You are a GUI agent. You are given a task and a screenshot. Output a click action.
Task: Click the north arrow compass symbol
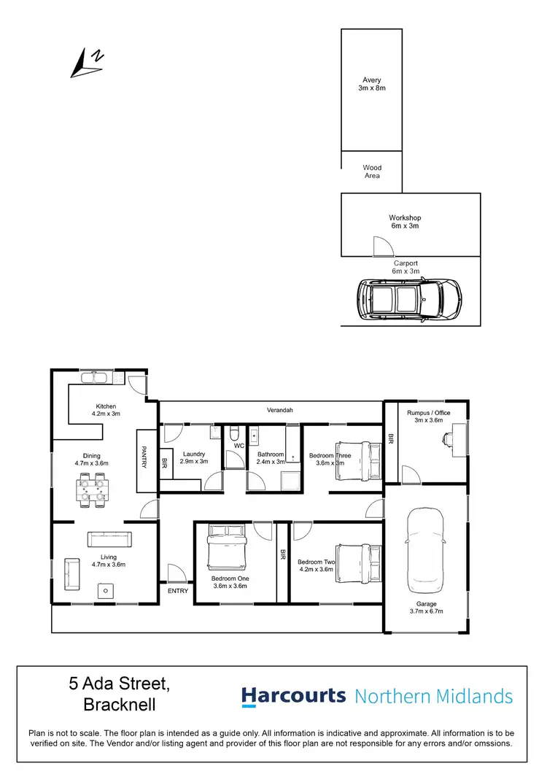click(x=87, y=63)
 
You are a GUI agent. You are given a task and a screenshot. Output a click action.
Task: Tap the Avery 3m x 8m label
click(x=372, y=84)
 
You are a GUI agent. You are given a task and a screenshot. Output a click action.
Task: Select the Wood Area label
click(x=372, y=171)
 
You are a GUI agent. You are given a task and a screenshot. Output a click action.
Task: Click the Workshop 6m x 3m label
click(x=405, y=222)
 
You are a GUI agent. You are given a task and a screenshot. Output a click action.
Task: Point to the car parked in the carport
click(x=408, y=298)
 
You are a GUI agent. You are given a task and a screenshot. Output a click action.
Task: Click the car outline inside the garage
click(x=425, y=551)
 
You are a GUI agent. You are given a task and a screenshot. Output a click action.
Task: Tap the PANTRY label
click(x=145, y=457)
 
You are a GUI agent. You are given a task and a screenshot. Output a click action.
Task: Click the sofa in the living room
click(x=109, y=539)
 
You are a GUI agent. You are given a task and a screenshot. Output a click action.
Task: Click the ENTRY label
click(x=177, y=591)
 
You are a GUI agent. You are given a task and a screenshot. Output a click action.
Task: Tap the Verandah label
click(x=279, y=411)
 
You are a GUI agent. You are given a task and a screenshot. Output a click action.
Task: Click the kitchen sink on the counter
click(x=94, y=377)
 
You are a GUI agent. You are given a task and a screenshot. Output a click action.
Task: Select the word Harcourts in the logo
click(x=294, y=696)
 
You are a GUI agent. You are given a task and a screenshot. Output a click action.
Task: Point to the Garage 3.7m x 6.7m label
click(x=427, y=608)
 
